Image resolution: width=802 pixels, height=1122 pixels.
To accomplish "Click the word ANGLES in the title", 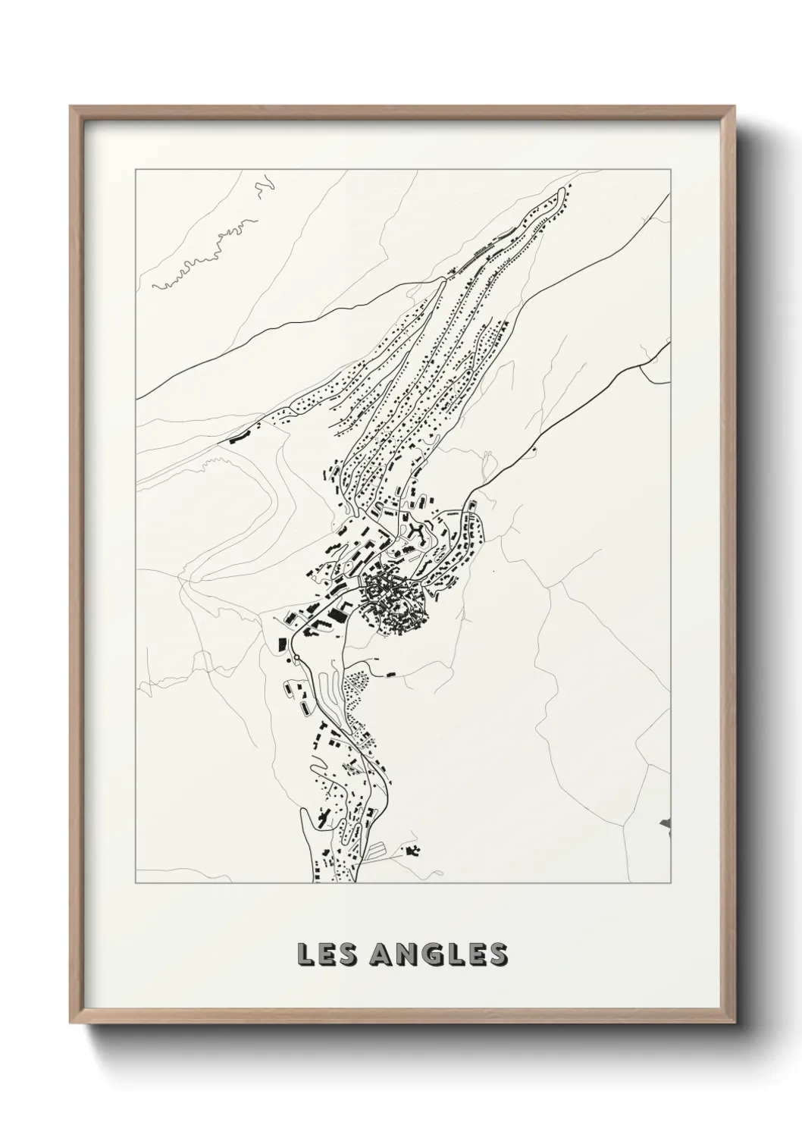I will click(439, 954).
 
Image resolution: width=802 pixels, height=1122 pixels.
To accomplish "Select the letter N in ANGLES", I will click(403, 954).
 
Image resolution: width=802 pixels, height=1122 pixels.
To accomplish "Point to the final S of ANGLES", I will click(497, 954).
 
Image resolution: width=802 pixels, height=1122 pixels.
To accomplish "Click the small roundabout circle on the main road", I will click(298, 657).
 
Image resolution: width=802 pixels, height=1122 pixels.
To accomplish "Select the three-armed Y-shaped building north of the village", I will click(416, 531).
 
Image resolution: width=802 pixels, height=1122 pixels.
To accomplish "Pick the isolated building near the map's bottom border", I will click(413, 851).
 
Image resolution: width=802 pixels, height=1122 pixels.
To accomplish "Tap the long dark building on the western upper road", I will click(238, 437).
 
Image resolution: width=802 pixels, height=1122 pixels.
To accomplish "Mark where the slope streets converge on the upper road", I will click(442, 280).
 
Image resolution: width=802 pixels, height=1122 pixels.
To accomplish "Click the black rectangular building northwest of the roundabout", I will click(281, 644).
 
